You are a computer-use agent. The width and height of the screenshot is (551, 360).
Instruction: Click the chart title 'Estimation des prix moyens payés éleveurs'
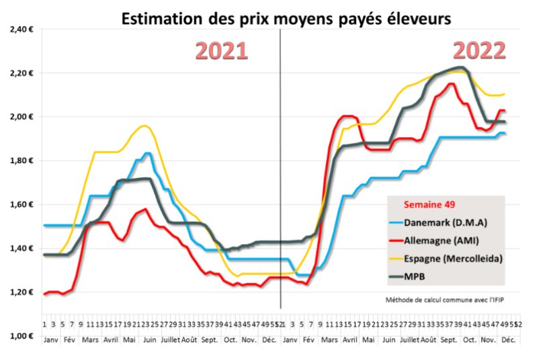coord(286,19)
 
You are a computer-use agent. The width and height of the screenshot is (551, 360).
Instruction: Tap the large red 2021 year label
coord(222,52)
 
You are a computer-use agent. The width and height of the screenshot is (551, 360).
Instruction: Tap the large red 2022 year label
coord(478,51)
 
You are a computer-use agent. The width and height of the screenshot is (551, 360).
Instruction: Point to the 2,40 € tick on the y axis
coord(22,30)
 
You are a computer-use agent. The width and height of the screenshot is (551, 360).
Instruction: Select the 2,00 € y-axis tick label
coord(22,117)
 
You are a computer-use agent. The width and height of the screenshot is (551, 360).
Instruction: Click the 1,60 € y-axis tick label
coord(22,205)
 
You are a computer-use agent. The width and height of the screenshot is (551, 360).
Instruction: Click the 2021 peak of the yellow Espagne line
coord(144,126)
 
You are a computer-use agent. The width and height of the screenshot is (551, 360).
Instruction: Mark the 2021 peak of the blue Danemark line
coord(147,154)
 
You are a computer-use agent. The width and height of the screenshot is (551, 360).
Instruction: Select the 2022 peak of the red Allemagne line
coord(451,84)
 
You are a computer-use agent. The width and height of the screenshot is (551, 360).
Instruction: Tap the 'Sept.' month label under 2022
coord(448,341)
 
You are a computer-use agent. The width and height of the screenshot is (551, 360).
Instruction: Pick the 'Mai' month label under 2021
coord(129,341)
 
